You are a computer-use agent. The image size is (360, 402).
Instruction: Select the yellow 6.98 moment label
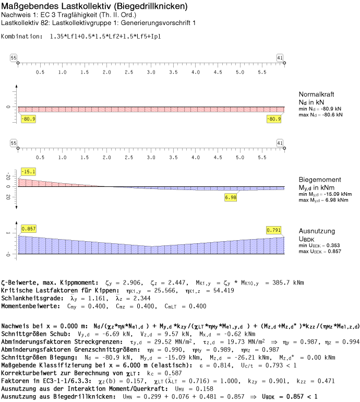click(231, 197)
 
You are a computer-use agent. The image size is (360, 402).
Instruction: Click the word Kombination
click(21, 37)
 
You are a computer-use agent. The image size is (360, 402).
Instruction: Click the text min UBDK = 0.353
click(320, 246)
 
